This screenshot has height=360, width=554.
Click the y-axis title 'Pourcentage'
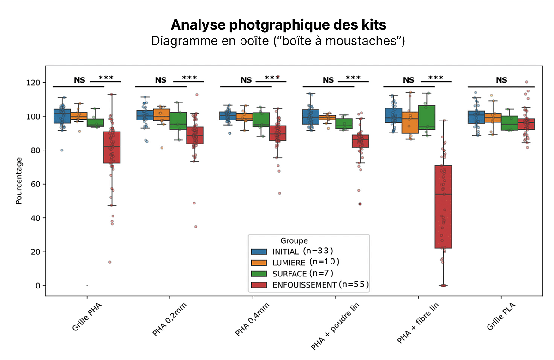coord(19,180)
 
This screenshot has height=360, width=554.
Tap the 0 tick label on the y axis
coord(37,286)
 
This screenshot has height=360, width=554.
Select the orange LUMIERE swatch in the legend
coord(258,263)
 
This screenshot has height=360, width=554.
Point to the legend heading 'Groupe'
coord(294,240)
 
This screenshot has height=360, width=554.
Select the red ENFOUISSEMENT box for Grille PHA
coord(112,147)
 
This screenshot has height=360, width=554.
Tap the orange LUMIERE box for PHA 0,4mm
coord(244,117)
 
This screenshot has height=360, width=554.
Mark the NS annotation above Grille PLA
coord(501,80)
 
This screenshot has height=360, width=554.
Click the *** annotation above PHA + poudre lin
coord(353,78)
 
